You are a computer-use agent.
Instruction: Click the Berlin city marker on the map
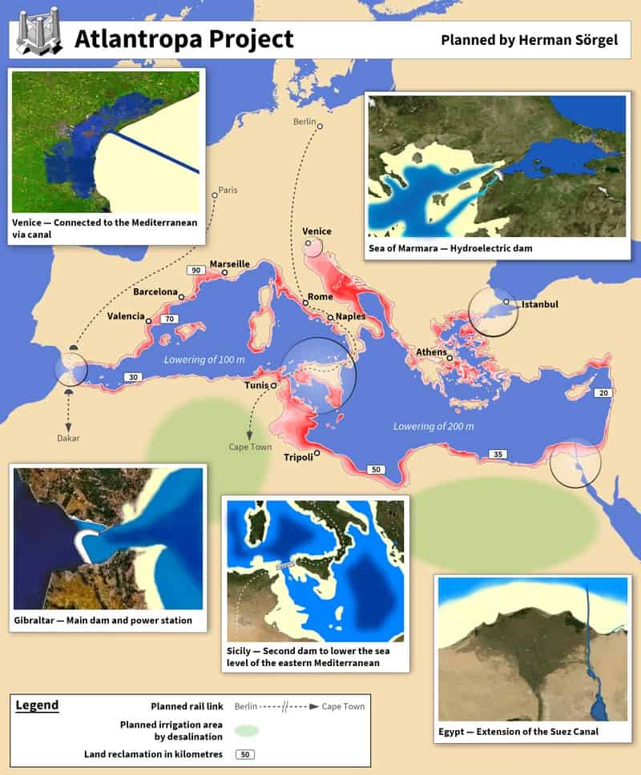(x=319, y=126)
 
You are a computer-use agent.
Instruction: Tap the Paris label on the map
(x=229, y=190)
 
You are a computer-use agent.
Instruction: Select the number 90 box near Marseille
(x=195, y=271)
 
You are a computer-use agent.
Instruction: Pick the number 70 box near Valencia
(x=168, y=319)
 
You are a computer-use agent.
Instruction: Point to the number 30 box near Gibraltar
(x=132, y=377)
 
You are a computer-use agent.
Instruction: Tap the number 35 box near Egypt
(x=498, y=454)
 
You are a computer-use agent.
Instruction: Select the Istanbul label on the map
(x=539, y=304)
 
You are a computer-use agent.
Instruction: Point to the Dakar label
(x=68, y=438)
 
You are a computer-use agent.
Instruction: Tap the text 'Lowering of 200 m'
(x=433, y=426)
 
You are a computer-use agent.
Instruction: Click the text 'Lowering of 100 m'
(x=204, y=359)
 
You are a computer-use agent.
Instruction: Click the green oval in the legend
(x=248, y=730)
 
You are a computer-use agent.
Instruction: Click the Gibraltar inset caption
(x=103, y=620)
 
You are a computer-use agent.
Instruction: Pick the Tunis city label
(x=256, y=385)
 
